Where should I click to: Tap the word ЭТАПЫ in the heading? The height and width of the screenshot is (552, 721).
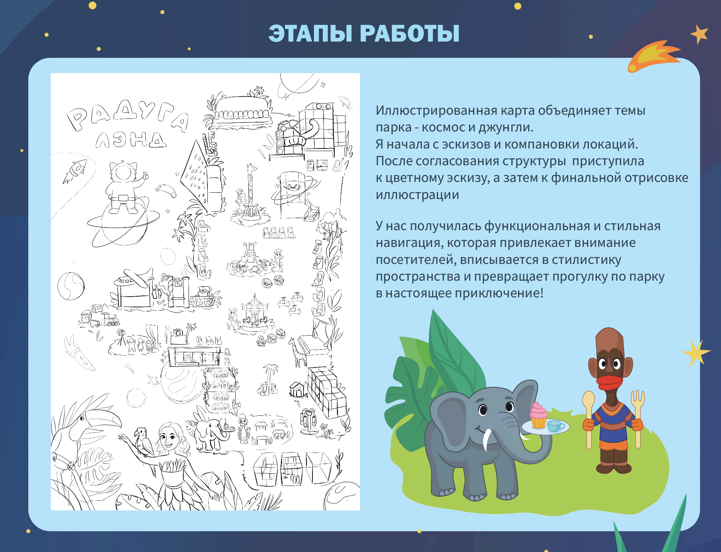coord(310,34)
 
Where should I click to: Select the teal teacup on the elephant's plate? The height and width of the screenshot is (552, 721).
coord(555,425)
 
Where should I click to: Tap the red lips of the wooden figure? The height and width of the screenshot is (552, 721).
coord(609,382)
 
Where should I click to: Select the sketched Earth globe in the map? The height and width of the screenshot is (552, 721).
coord(71,286)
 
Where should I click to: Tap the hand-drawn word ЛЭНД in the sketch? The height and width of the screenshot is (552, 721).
coord(130,140)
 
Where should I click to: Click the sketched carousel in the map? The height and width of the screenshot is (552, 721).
coord(254,312)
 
